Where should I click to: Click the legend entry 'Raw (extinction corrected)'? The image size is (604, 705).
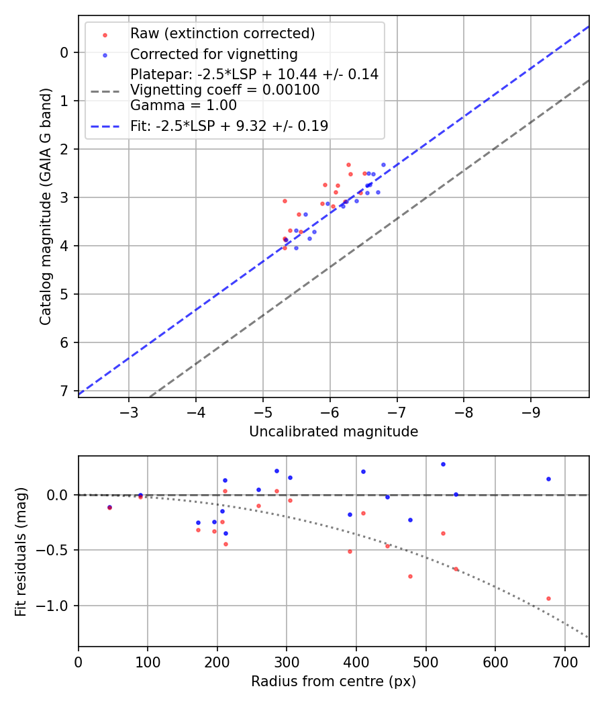pyautogui.click(x=222, y=34)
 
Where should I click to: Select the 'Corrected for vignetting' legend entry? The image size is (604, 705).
pyautogui.click(x=213, y=54)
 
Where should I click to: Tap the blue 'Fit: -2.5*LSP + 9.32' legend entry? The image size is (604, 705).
pyautogui.click(x=229, y=126)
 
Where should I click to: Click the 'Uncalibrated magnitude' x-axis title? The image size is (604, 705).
pyautogui.click(x=334, y=432)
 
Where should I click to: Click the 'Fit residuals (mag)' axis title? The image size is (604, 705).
pyautogui.click(x=21, y=551)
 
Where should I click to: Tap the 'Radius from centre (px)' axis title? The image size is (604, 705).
pyautogui.click(x=334, y=681)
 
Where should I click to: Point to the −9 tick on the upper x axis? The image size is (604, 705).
pyautogui.click(x=531, y=411)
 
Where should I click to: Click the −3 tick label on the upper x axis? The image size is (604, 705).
pyautogui.click(x=129, y=411)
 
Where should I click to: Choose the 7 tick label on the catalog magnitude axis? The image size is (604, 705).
pyautogui.click(x=64, y=391)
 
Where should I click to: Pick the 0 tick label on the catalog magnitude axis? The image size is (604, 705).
pyautogui.click(x=64, y=52)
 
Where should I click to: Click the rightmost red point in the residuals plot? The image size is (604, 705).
pyautogui.click(x=548, y=598)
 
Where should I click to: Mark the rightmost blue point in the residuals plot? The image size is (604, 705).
pyautogui.click(x=548, y=479)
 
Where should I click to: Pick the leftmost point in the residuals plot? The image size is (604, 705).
pyautogui.click(x=109, y=508)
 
